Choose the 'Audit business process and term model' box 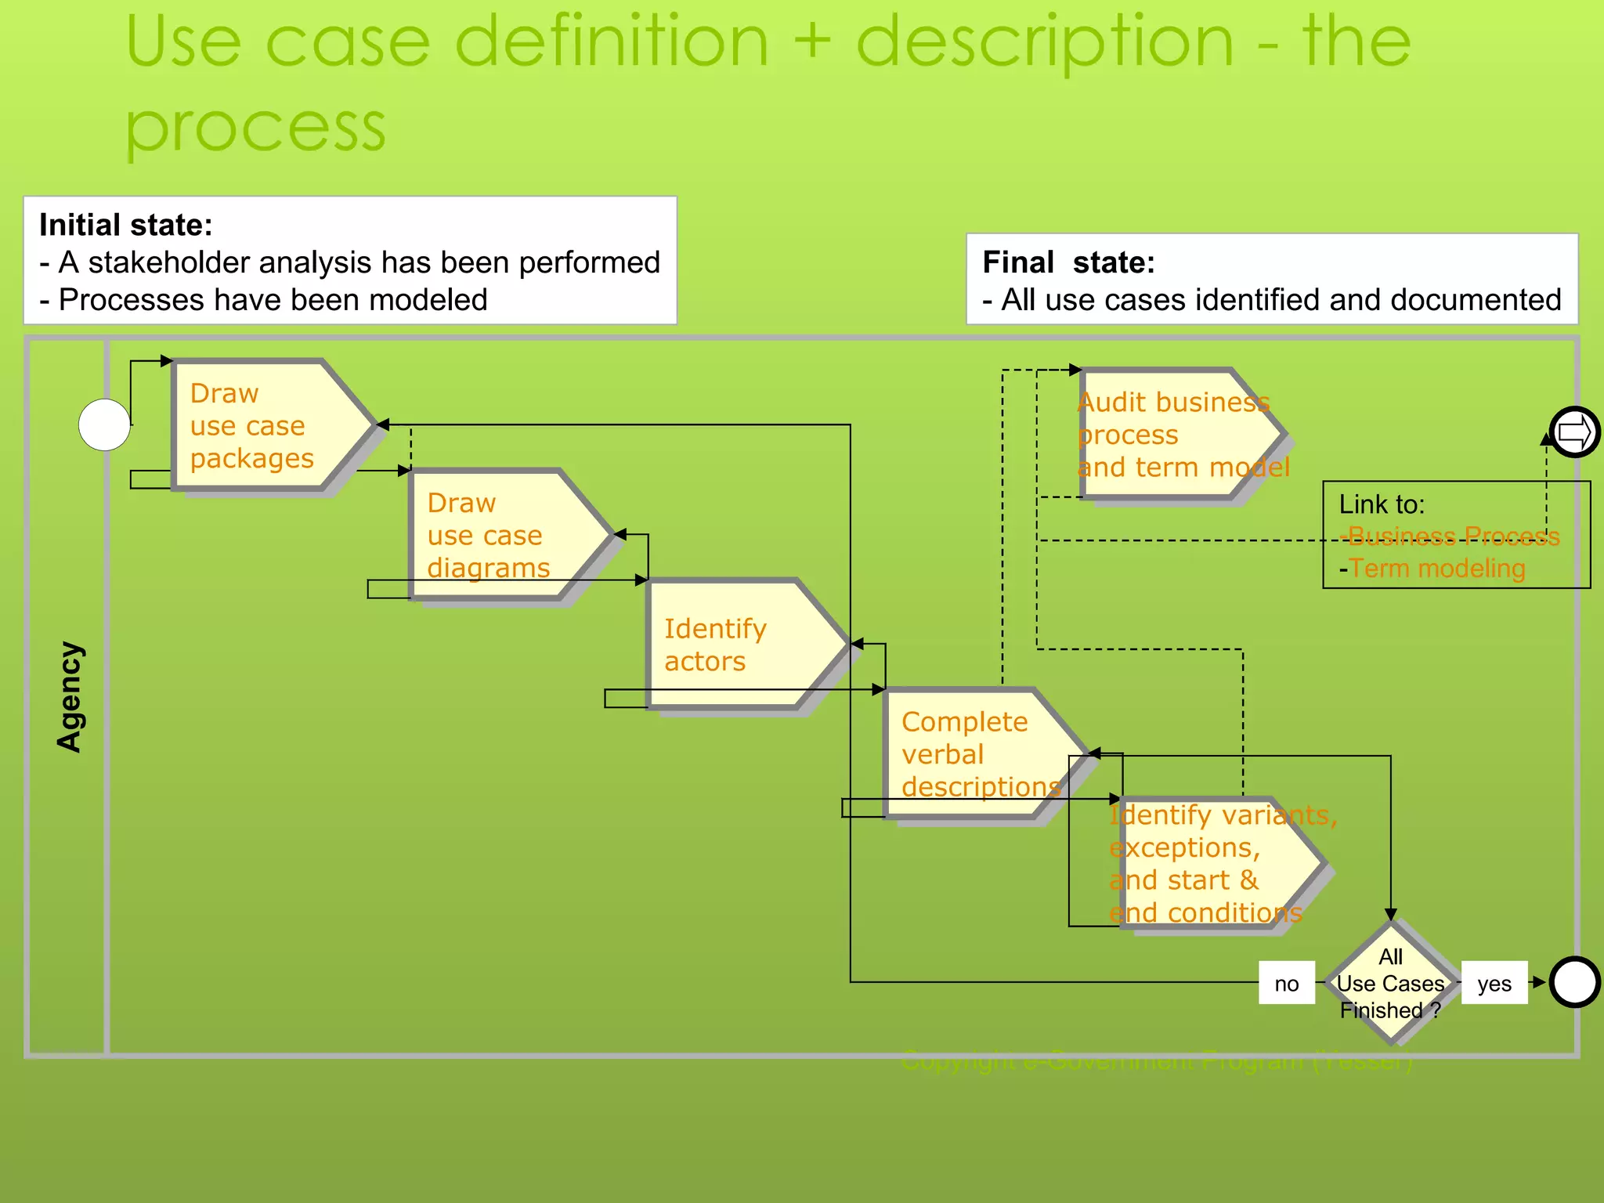[1175, 434]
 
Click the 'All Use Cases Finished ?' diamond [1391, 983]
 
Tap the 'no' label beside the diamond [1286, 983]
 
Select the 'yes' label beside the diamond [1494, 983]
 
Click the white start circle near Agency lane [104, 424]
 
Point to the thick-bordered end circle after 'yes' [1574, 982]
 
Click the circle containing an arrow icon [1574, 432]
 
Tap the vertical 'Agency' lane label [70, 696]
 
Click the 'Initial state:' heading [126, 226]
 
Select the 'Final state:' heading [1068, 262]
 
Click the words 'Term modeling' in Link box [1437, 568]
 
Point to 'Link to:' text [1382, 504]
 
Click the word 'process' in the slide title [255, 125]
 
